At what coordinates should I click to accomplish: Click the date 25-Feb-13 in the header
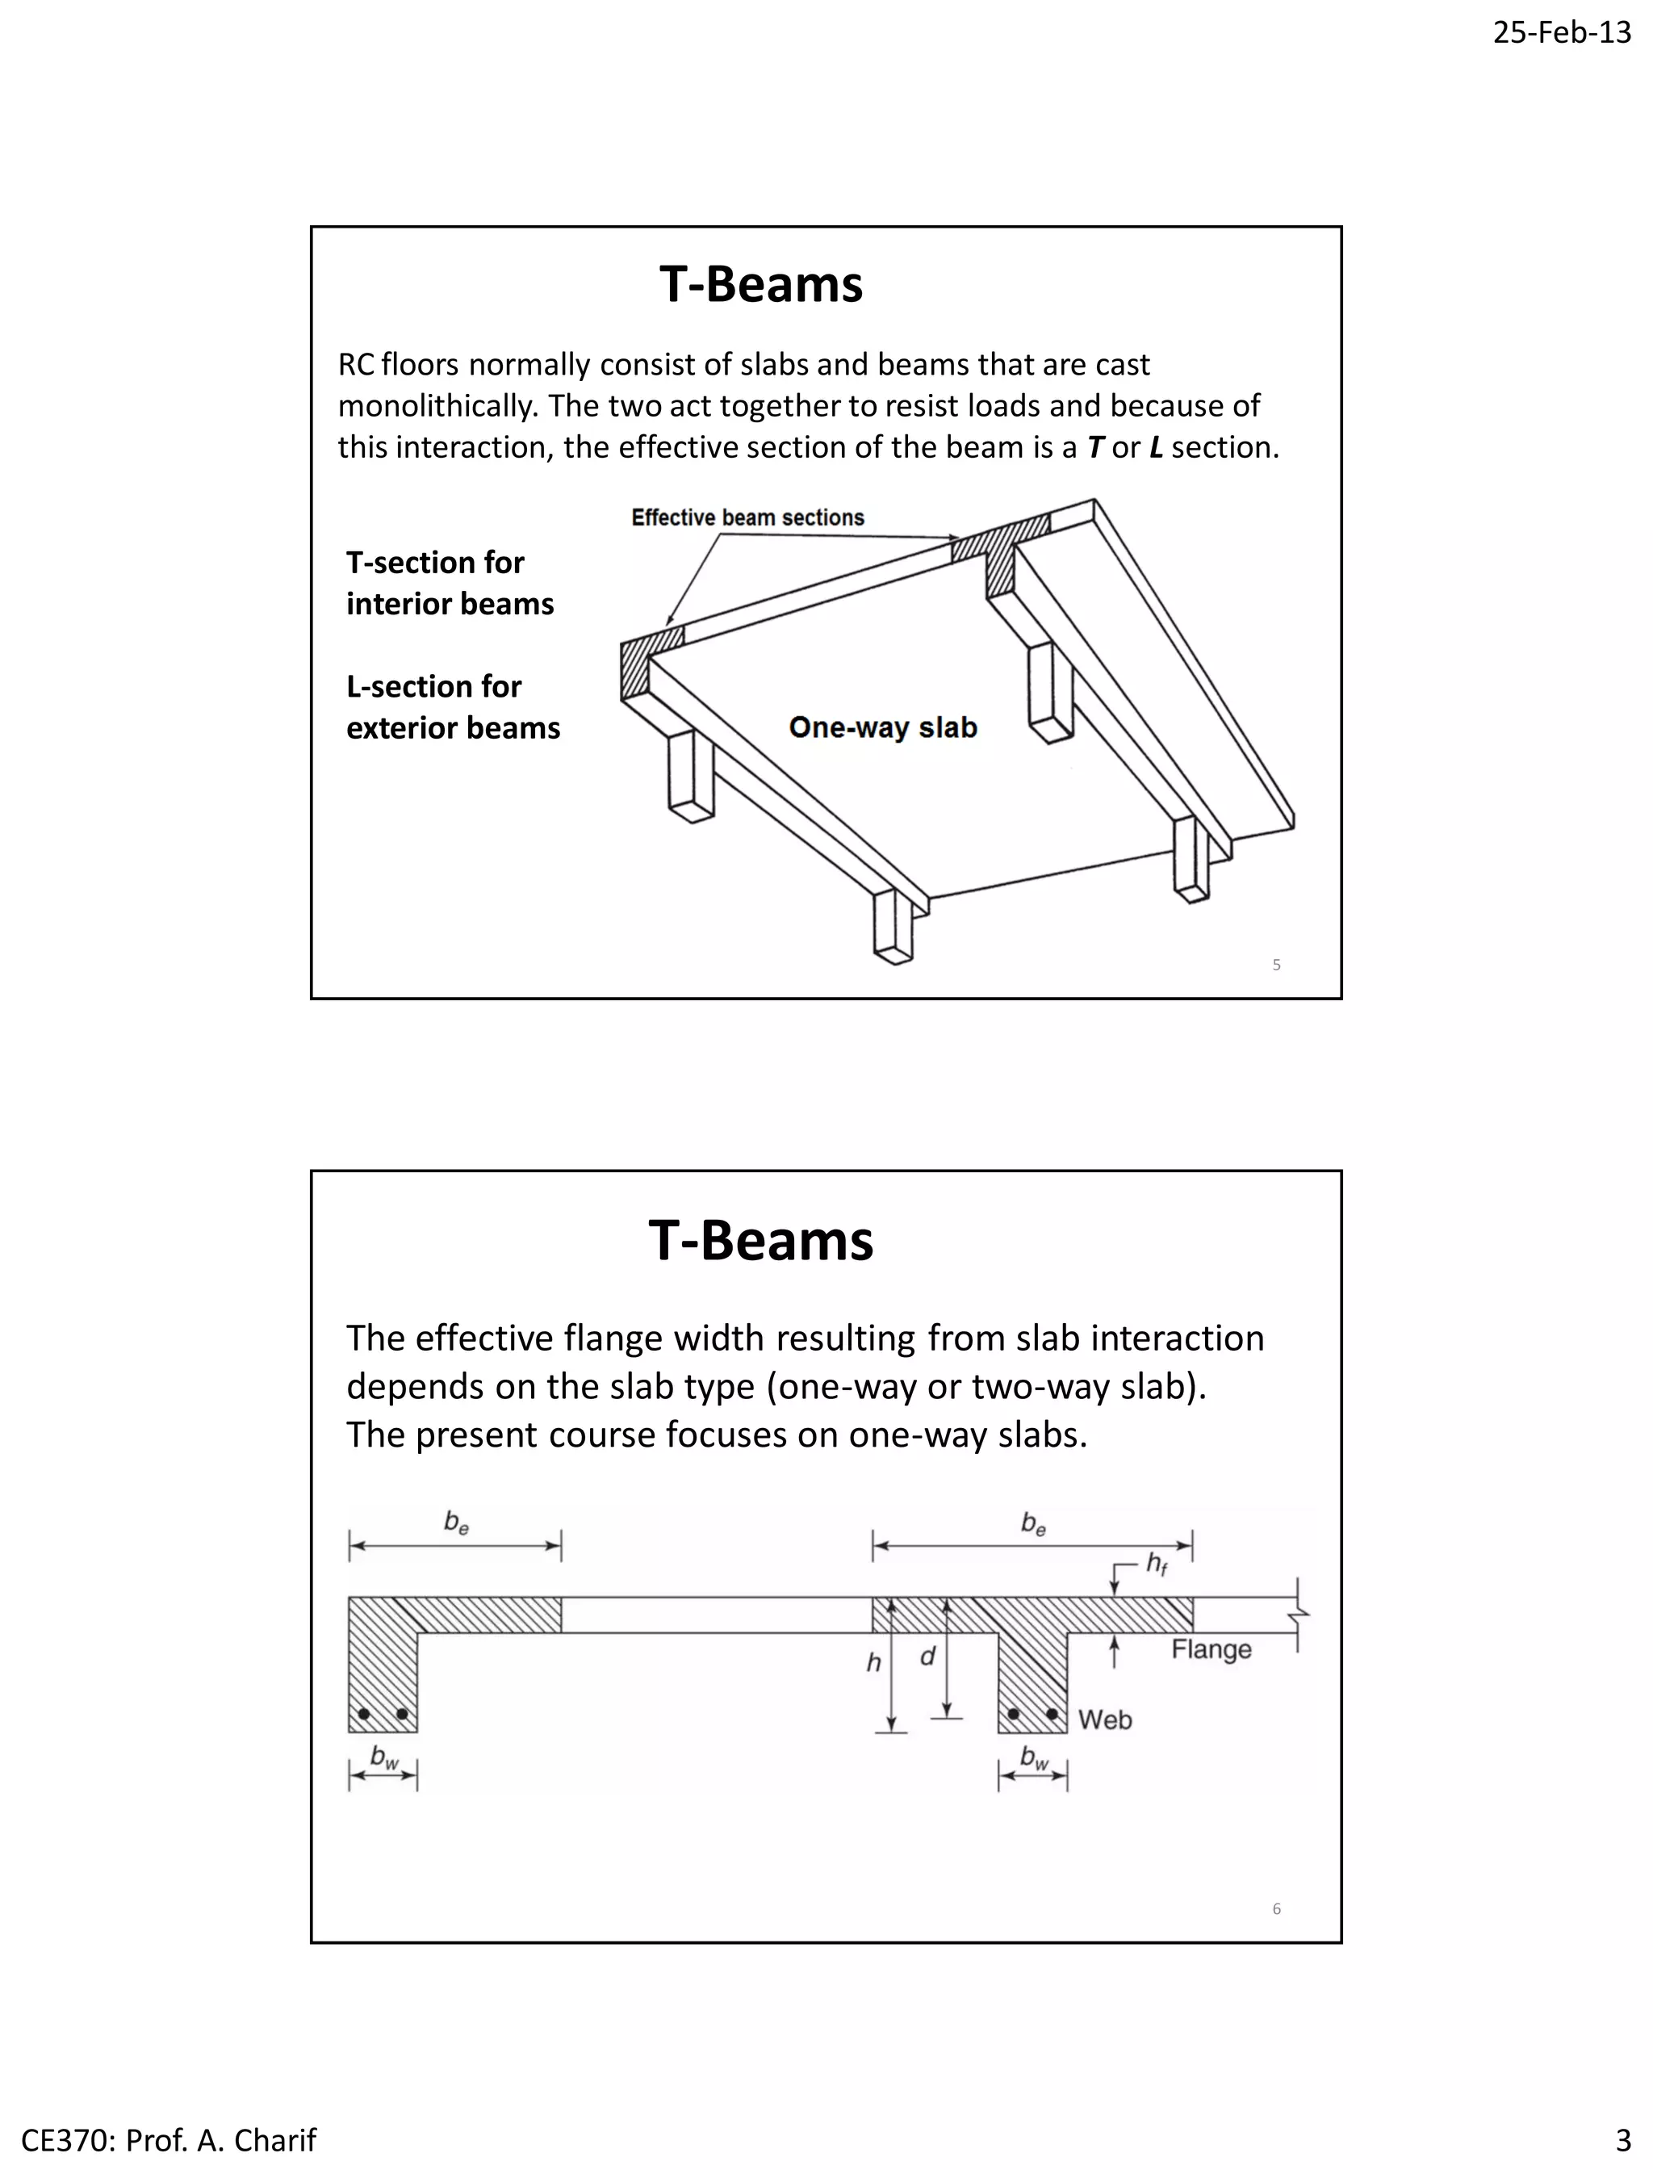[x=1562, y=32]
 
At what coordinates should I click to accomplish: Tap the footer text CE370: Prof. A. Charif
[x=168, y=2139]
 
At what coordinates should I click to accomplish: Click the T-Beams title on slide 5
[x=760, y=284]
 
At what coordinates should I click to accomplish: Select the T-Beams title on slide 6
[x=760, y=1240]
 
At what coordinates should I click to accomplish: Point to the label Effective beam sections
[x=747, y=517]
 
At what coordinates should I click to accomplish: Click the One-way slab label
[x=882, y=727]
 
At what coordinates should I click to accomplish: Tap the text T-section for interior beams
[x=450, y=583]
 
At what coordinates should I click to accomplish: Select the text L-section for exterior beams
[x=453, y=706]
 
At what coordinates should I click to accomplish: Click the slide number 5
[x=1276, y=965]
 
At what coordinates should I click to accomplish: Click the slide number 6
[x=1276, y=1908]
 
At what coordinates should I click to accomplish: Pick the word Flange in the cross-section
[x=1212, y=1649]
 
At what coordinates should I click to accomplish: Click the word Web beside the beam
[x=1104, y=1720]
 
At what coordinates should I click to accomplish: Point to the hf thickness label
[x=1156, y=1564]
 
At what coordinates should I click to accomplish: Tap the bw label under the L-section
[x=383, y=1757]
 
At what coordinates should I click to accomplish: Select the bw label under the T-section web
[x=1034, y=1757]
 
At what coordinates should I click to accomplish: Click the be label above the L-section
[x=455, y=1523]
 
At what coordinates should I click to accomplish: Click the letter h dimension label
[x=873, y=1663]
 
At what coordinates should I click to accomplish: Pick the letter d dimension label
[x=927, y=1657]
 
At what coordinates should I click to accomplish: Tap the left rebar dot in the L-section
[x=364, y=1715]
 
